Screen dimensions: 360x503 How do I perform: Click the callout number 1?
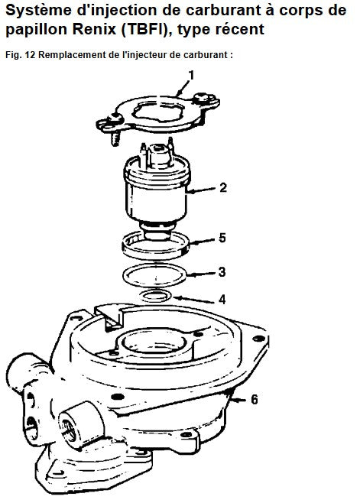click(x=192, y=76)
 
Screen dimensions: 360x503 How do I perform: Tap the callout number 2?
click(x=223, y=187)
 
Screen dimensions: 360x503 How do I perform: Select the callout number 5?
click(x=222, y=238)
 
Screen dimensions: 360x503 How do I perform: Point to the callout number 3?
click(x=222, y=272)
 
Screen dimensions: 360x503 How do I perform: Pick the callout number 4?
click(x=222, y=300)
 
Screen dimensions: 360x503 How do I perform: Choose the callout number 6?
click(x=254, y=400)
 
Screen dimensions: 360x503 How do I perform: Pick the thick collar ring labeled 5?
click(x=155, y=255)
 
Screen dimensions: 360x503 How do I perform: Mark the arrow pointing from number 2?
click(x=201, y=190)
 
